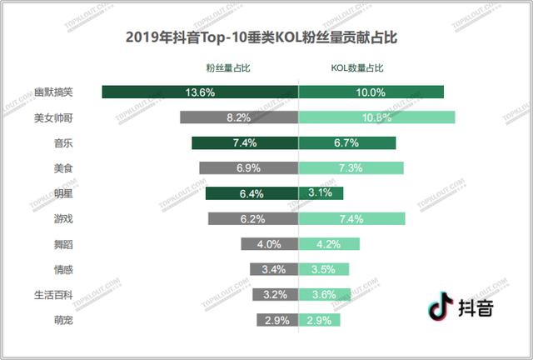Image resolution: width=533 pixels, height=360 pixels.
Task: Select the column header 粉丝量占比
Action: (x=227, y=67)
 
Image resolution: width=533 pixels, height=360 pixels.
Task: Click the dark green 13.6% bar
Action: (x=200, y=92)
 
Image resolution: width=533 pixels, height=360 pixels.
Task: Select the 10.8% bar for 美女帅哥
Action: (x=376, y=117)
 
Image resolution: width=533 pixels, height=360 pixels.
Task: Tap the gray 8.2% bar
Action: (x=239, y=117)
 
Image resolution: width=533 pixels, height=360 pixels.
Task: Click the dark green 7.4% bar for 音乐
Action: (x=245, y=143)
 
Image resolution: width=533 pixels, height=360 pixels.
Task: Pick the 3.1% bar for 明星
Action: (x=321, y=193)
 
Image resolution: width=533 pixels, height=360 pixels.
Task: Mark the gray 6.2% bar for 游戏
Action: (x=253, y=219)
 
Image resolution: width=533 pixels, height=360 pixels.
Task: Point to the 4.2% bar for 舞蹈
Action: (x=329, y=244)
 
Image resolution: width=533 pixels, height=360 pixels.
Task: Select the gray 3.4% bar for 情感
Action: (x=274, y=269)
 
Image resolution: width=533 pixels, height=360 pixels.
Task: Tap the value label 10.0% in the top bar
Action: (x=371, y=92)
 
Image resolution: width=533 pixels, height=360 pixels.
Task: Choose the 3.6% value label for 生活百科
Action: (x=324, y=295)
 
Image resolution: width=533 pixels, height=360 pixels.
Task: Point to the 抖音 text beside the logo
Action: (x=477, y=307)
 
